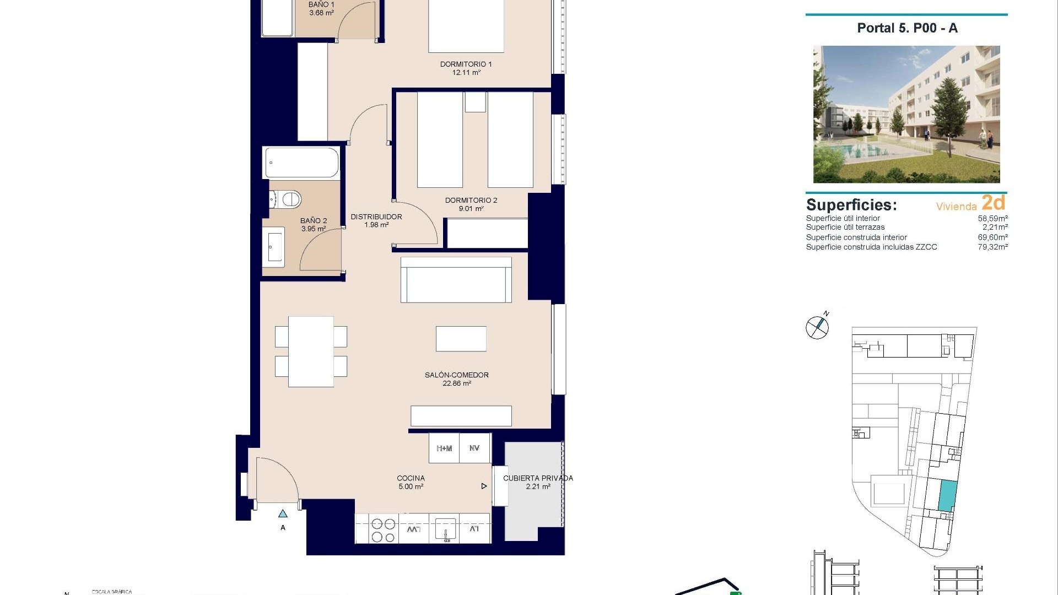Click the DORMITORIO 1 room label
pyautogui.click(x=466, y=64)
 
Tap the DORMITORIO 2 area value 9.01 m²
pyautogui.click(x=471, y=209)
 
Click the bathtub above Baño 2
pyautogui.click(x=301, y=163)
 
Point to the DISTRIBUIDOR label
pyautogui.click(x=376, y=217)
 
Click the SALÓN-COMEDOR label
pyautogui.click(x=456, y=375)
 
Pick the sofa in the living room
pyautogui.click(x=456, y=280)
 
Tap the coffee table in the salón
pyautogui.click(x=461, y=338)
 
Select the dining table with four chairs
pyautogui.click(x=311, y=351)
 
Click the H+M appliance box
pyautogui.click(x=444, y=448)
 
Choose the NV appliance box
pyautogui.click(x=474, y=448)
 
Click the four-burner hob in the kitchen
pyautogui.click(x=383, y=530)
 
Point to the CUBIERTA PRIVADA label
pyautogui.click(x=538, y=478)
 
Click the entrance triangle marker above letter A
pyautogui.click(x=283, y=514)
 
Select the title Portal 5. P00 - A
pyautogui.click(x=907, y=28)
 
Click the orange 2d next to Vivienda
pyautogui.click(x=993, y=203)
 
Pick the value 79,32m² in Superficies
pyautogui.click(x=992, y=247)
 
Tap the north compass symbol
pyautogui.click(x=817, y=327)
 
